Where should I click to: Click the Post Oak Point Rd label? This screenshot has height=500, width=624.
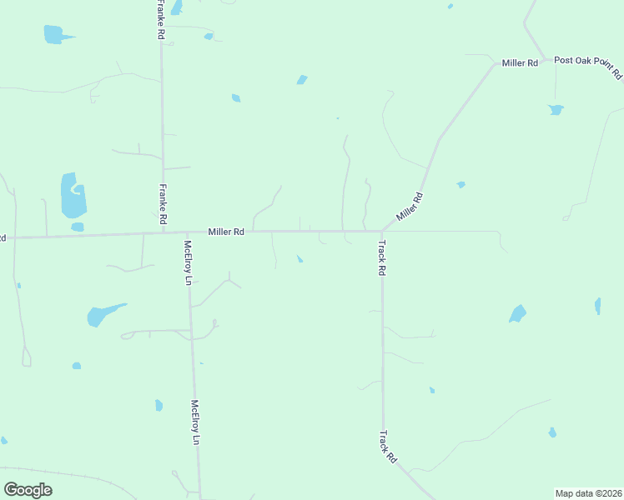[x=588, y=66]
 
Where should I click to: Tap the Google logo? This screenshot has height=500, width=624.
[x=28, y=490]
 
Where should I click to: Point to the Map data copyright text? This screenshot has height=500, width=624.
[x=588, y=492]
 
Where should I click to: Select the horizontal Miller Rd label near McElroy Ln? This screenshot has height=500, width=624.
[x=226, y=232]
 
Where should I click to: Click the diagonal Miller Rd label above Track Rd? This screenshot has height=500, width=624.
[x=410, y=207]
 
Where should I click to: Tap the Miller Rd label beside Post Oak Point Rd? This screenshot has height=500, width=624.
[x=520, y=63]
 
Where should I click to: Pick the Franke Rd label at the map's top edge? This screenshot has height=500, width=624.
[x=159, y=20]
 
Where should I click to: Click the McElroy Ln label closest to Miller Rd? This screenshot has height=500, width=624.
[x=188, y=262]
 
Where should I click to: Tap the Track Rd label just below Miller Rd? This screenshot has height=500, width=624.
[x=381, y=258]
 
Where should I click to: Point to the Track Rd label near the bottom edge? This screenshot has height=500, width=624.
[x=387, y=447]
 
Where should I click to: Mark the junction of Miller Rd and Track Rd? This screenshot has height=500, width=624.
[x=381, y=232]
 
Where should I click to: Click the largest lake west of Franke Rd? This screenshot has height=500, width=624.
[x=73, y=195]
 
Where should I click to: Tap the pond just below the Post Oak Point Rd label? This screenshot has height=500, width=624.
[x=556, y=109]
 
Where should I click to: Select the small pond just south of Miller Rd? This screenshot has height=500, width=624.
[x=299, y=259]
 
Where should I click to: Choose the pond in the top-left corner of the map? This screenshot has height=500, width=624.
[x=54, y=34]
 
